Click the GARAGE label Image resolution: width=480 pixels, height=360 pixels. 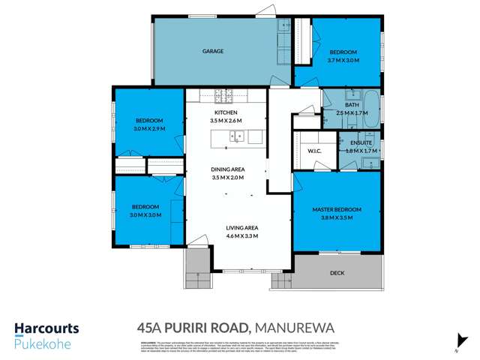point(214,51)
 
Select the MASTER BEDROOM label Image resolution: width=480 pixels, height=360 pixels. point(337,208)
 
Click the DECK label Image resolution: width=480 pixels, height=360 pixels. point(337,273)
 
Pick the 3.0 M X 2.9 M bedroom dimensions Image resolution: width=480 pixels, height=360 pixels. point(149,129)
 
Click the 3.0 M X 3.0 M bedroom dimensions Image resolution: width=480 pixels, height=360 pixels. point(145,215)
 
